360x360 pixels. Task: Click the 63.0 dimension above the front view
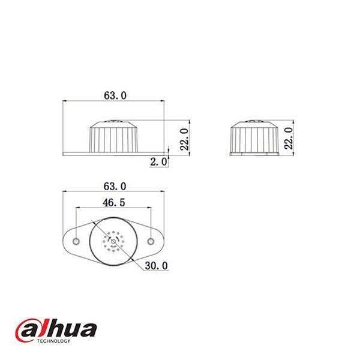click(114, 95)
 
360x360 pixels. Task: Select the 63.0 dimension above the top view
click(114, 186)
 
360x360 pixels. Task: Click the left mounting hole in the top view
click(76, 241)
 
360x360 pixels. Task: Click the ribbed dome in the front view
click(113, 137)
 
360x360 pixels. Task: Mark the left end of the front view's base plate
click(65, 154)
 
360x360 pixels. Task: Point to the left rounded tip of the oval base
click(64, 241)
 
